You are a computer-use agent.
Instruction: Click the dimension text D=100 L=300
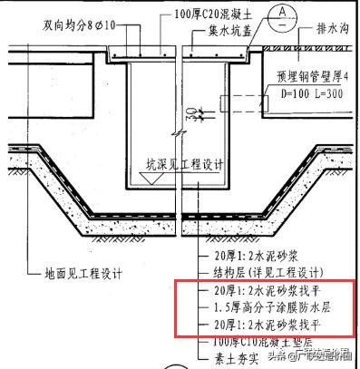coord(297,93)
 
